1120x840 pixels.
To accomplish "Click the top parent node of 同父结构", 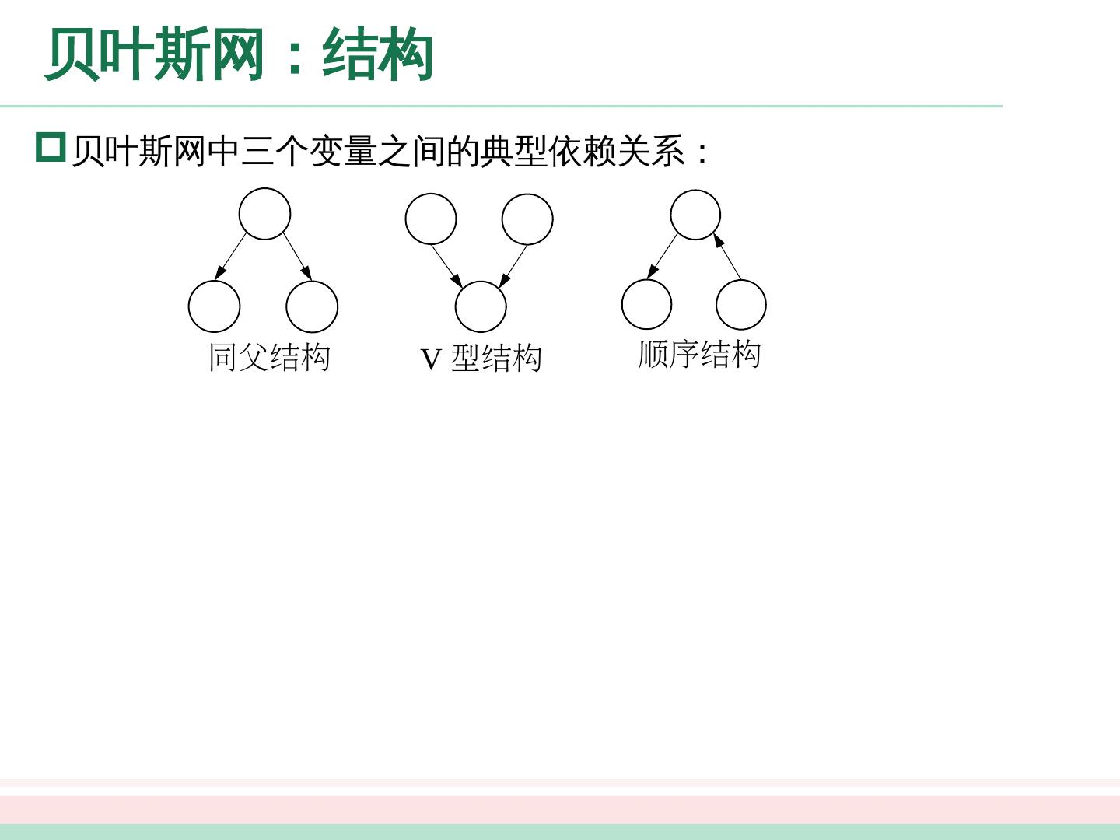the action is click(x=264, y=214).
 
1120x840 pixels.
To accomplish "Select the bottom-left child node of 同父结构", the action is click(x=214, y=306).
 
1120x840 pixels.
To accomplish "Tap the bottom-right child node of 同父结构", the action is click(x=312, y=306).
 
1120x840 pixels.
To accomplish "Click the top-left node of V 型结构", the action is click(x=431, y=219).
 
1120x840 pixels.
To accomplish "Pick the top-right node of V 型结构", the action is click(x=527, y=219).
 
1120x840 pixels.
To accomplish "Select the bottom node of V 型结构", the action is click(x=481, y=306).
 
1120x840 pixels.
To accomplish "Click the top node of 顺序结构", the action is click(x=695, y=215).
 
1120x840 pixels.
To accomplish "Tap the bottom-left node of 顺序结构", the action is click(x=646, y=304).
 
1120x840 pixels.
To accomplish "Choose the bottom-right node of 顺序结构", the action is click(x=740, y=305).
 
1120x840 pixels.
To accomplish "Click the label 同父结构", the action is click(x=269, y=358).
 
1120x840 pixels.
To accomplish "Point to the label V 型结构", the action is click(x=481, y=359).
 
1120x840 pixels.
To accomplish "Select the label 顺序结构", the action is click(x=699, y=354).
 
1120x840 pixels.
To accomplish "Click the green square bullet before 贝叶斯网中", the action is click(x=51, y=147).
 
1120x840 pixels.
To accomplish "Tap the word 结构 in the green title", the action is click(x=377, y=54).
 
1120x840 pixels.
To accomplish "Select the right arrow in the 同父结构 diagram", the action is click(x=298, y=256).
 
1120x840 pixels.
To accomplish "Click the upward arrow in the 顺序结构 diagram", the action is click(x=727, y=256).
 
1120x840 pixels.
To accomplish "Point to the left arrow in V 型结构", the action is click(x=446, y=265).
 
